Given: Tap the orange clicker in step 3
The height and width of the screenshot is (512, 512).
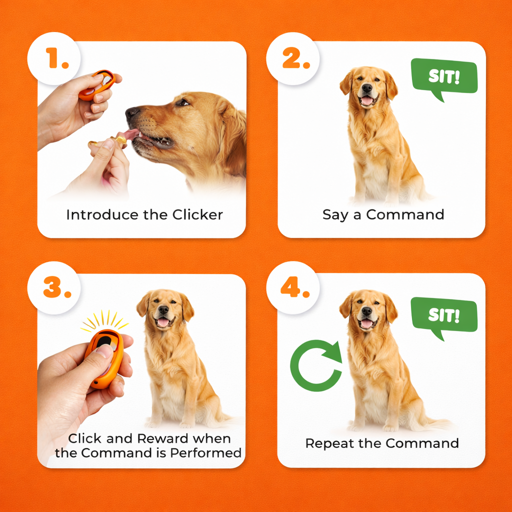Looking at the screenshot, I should coord(103,358).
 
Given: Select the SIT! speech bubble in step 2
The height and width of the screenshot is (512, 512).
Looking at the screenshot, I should coord(443,77).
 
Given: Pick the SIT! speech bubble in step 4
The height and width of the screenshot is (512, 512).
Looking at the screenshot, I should coord(443,316).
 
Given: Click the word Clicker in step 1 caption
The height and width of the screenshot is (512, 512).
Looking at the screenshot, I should coord(197,215).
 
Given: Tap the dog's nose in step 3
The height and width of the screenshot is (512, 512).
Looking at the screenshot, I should coord(163,310).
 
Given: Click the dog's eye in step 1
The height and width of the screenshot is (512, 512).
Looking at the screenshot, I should coord(182,102).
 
